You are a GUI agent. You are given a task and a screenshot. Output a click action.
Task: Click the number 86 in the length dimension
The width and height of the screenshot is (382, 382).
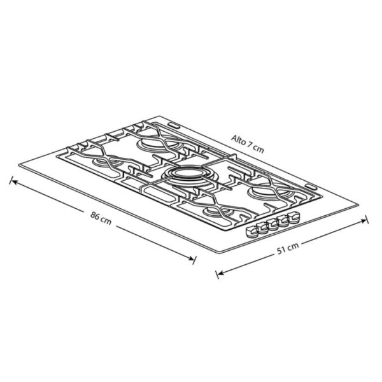point(95,215)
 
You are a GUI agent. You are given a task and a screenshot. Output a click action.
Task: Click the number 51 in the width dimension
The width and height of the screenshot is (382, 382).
point(281,250)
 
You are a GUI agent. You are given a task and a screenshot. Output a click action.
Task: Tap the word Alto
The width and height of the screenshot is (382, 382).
point(239,139)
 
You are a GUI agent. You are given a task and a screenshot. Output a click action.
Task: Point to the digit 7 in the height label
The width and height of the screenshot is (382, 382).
point(249,145)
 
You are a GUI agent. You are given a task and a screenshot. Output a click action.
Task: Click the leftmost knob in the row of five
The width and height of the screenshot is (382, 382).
point(251,232)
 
